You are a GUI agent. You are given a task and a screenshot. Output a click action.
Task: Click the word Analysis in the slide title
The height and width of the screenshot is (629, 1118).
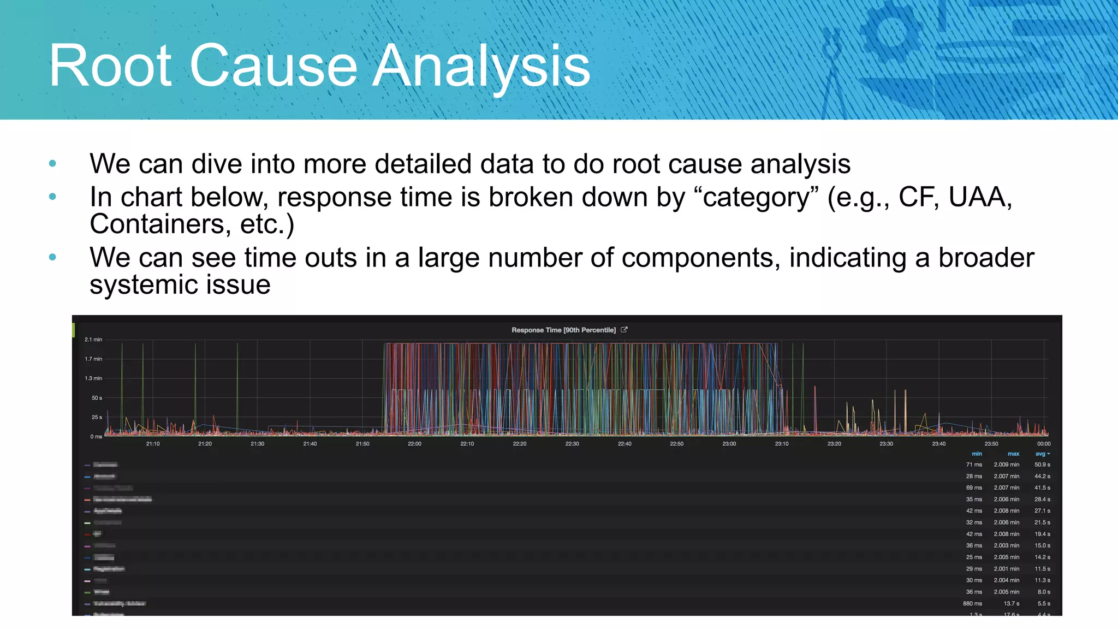click(x=480, y=67)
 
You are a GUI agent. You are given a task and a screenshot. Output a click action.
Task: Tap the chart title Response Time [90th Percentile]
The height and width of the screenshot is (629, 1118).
click(x=563, y=330)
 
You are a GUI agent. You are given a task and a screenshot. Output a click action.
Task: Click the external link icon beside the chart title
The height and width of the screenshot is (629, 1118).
click(x=625, y=330)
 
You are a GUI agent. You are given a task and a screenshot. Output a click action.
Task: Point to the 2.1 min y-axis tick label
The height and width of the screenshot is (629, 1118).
click(x=93, y=340)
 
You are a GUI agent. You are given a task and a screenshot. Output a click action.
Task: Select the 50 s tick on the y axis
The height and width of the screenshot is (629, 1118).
click(x=97, y=398)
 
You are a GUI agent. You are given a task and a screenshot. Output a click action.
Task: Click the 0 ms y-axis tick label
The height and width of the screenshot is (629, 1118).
click(x=96, y=437)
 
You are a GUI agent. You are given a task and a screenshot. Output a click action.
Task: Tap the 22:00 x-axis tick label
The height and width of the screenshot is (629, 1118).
click(x=414, y=444)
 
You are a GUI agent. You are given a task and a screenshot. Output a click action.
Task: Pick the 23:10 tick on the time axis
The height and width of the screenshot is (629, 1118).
click(x=781, y=444)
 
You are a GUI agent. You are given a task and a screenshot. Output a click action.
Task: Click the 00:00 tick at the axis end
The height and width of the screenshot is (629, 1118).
click(x=1044, y=444)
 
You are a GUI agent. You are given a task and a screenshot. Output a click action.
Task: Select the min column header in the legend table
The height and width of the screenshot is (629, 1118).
click(x=977, y=454)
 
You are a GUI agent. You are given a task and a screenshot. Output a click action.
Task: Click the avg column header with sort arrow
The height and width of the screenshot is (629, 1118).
click(x=1042, y=454)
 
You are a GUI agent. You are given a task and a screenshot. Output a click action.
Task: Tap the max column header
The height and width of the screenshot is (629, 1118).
click(x=1013, y=454)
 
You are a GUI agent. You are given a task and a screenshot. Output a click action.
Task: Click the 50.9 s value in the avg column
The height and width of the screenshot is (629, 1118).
click(x=1042, y=465)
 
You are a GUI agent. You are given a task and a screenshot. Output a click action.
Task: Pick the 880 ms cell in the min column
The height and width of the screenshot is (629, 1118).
click(x=972, y=604)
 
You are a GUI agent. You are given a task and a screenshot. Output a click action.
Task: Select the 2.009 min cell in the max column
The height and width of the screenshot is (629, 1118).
click(x=1006, y=465)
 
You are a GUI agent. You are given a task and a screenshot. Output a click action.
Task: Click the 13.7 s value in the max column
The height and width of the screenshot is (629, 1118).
click(x=1011, y=604)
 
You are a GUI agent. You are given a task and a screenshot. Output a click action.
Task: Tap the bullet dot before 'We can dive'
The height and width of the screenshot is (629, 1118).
click(x=52, y=163)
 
